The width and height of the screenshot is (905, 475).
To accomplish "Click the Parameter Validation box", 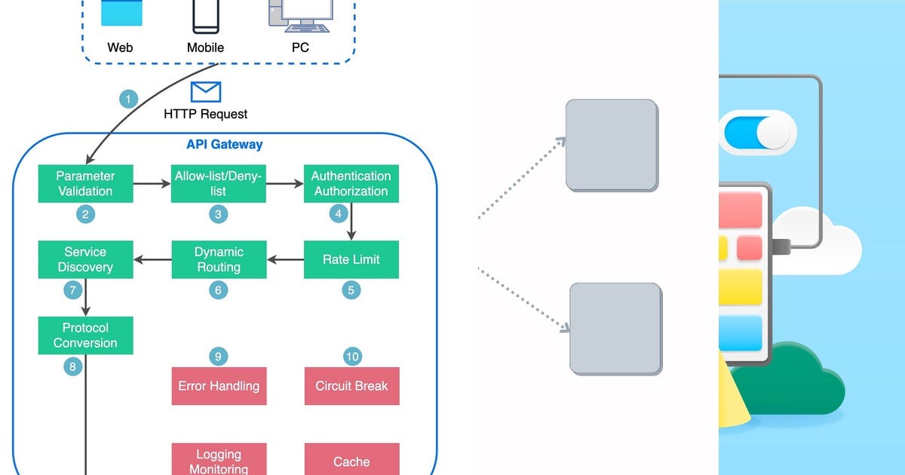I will tap(85, 184).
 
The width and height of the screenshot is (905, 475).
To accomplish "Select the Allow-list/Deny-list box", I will tap(218, 184).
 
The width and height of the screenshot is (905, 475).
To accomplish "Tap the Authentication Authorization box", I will tap(351, 184).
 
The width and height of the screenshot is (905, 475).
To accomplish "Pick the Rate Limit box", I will tap(351, 259).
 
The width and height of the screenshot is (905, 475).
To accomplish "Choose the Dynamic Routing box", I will tap(218, 259).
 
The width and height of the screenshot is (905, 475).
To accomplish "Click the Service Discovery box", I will tap(85, 259).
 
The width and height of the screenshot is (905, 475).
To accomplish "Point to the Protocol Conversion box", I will tap(85, 336).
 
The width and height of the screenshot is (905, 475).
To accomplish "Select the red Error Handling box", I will tap(219, 386).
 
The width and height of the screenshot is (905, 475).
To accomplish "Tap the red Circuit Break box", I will tap(351, 386).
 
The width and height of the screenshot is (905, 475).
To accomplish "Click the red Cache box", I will tap(351, 460).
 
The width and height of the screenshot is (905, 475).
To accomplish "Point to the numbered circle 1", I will tap(130, 99).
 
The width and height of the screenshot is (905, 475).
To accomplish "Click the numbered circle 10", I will tap(351, 356).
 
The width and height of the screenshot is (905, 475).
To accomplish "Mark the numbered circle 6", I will tap(218, 290).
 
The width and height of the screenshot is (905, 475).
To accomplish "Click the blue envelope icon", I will tap(205, 92).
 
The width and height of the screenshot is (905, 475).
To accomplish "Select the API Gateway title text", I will tap(225, 145).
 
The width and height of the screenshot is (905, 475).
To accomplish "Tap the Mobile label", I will tap(206, 47).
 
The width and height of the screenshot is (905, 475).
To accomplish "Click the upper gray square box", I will tap(612, 145).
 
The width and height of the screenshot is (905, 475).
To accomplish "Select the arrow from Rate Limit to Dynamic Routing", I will tap(285, 259).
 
